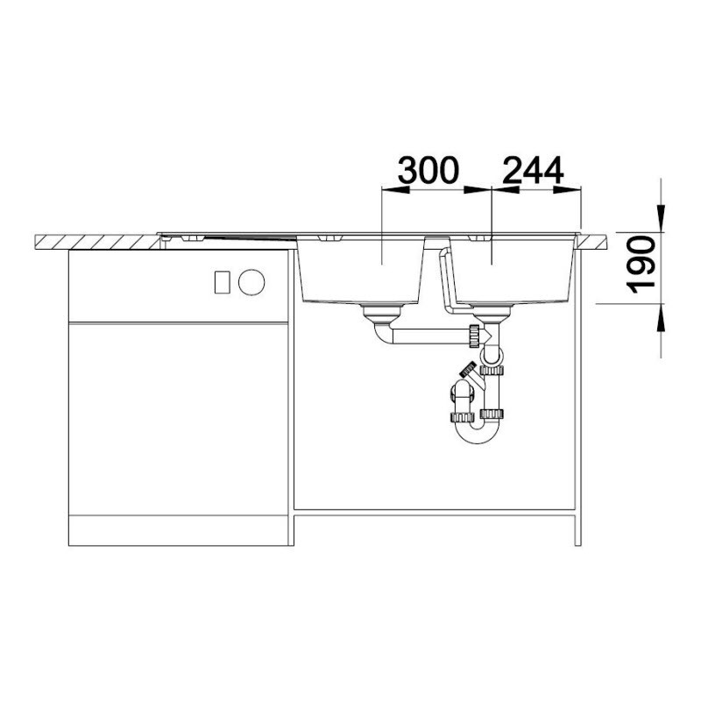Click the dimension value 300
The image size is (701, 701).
428,170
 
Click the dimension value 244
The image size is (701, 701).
533,170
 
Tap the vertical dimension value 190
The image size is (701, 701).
641,266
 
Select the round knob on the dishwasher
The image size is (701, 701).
251,282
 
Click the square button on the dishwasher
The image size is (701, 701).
223,282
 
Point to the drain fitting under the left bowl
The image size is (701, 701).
382,314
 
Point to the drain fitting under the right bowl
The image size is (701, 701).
491,314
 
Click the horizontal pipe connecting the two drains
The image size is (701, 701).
429,336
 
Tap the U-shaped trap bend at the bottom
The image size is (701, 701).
478,432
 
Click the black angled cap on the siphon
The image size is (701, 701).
468,369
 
